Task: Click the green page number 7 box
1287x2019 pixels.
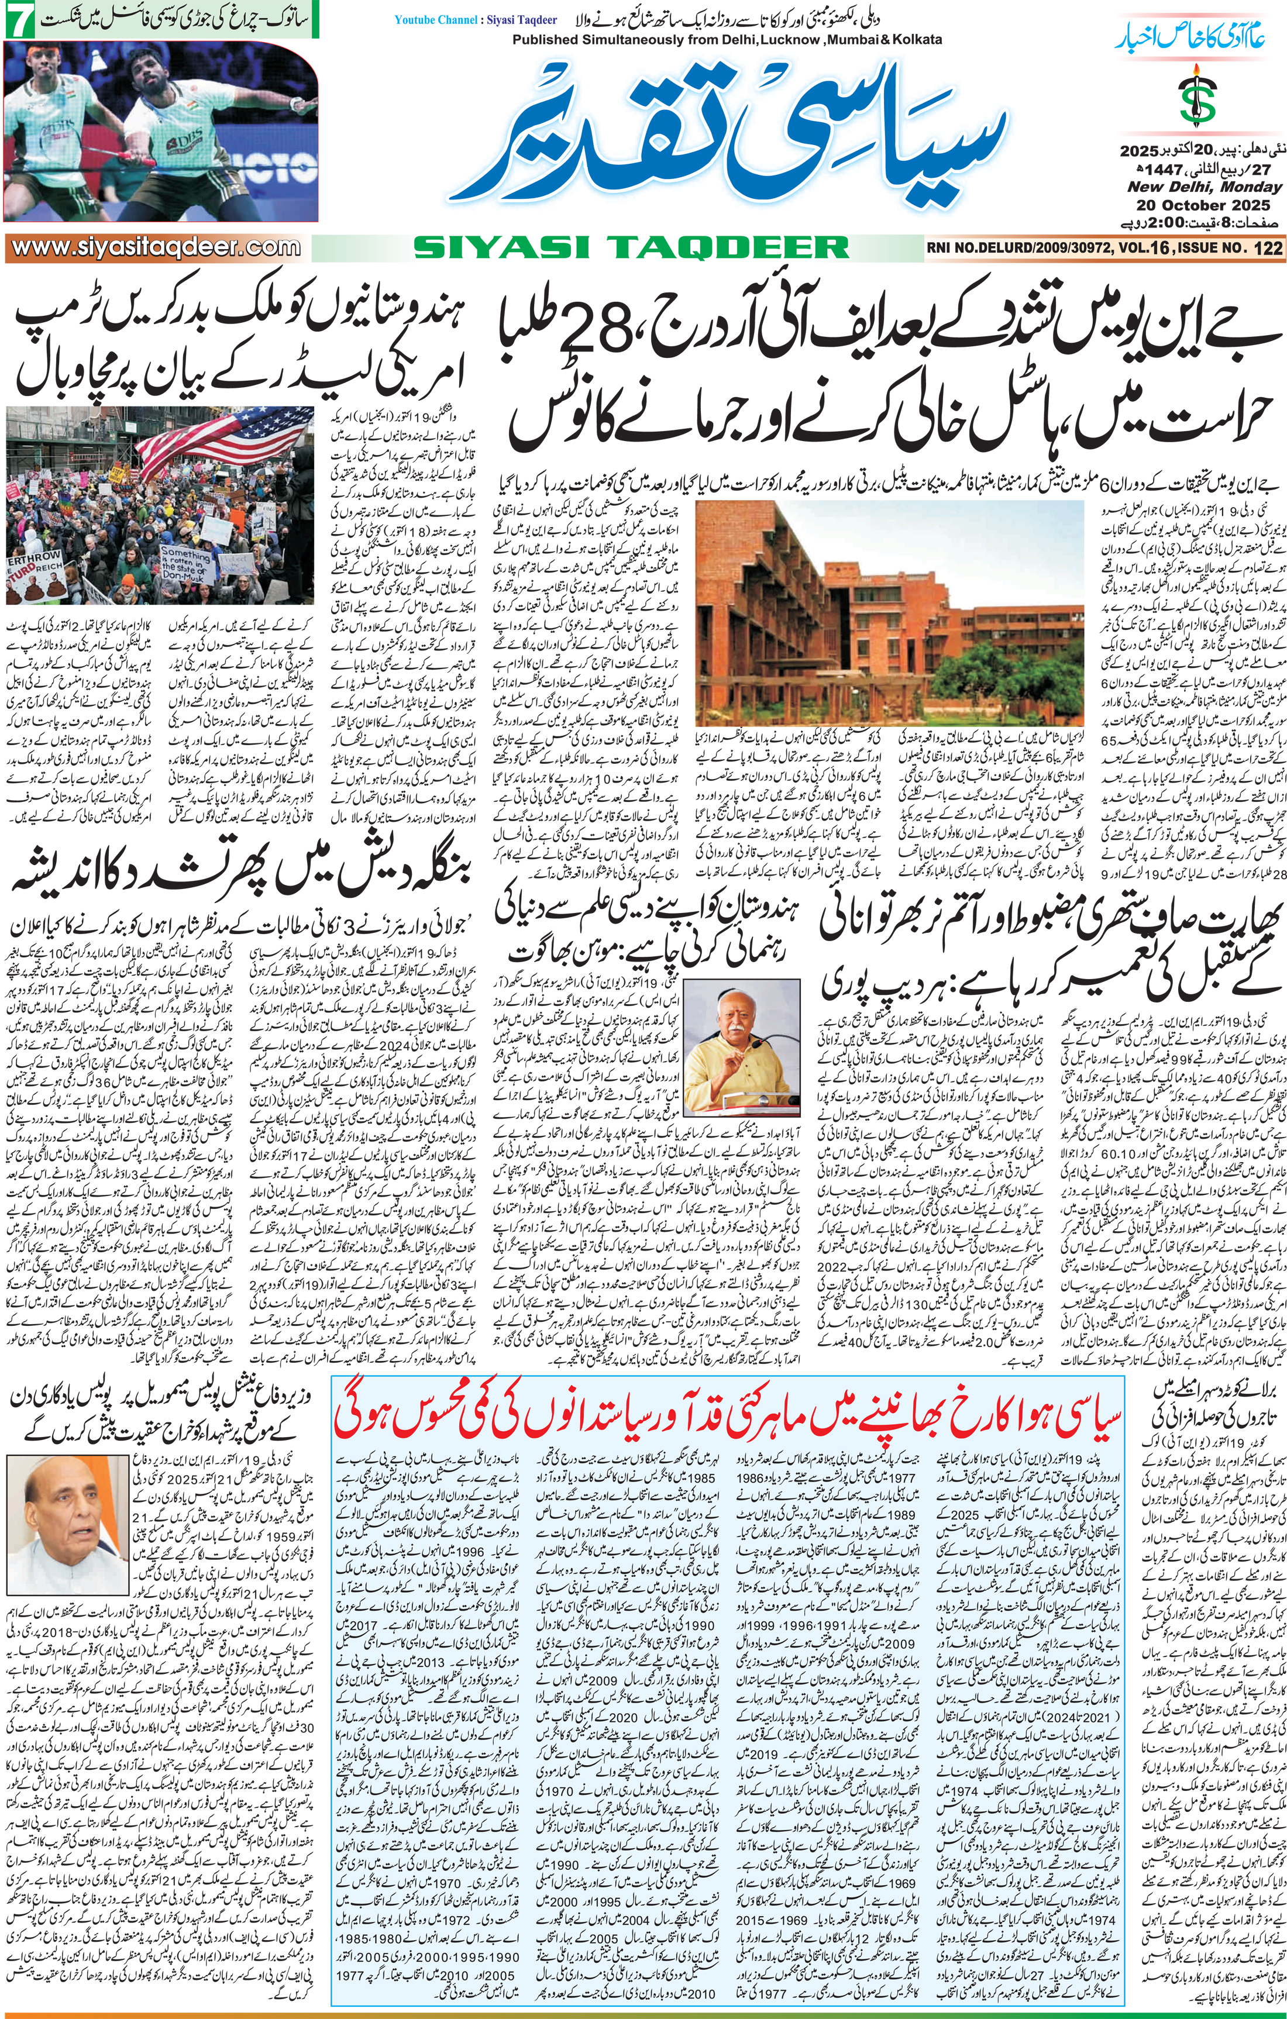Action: click(x=19, y=19)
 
